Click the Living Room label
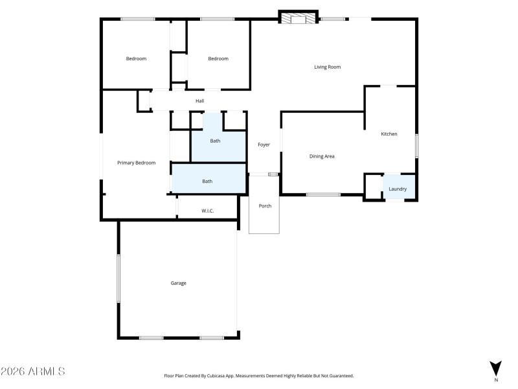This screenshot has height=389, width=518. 327,67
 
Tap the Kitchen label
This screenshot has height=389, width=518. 388,134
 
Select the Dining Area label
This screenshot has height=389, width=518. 322,156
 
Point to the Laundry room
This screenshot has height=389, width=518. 398,189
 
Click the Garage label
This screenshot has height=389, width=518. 178,283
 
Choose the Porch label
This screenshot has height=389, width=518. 265,206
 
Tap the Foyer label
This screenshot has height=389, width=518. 264,145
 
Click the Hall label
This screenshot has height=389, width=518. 200,100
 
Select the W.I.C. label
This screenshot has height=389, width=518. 207,211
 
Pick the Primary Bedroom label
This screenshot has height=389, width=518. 136,163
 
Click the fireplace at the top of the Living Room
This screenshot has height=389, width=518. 298,18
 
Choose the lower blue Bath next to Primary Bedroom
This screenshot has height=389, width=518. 207,182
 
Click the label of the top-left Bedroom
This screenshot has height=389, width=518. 136,59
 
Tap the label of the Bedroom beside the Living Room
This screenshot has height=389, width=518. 218,59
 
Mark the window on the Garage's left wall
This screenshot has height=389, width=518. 118,278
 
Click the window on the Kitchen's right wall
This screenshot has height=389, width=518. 416,145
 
